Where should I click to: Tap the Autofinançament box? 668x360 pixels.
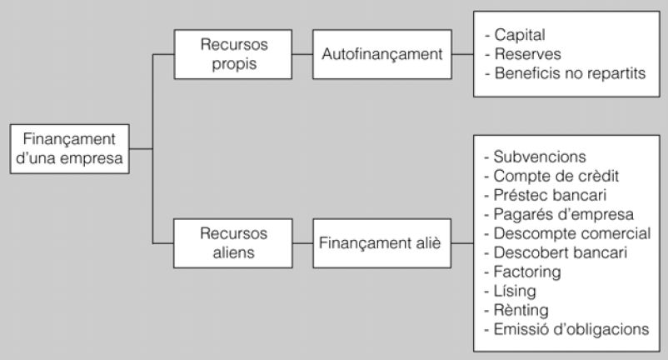pos(380,54)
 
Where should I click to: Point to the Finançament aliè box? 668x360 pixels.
pos(380,244)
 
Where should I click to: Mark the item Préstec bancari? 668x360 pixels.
pos(542,194)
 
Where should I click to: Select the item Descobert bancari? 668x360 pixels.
pos(554,252)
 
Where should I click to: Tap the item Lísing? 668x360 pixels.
pos(516,290)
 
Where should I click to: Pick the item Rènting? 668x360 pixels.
pos(521,309)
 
